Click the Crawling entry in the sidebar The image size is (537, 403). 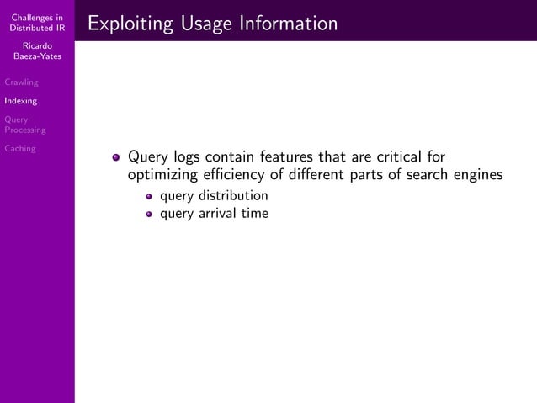[21, 82]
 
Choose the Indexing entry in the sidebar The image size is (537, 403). [20, 101]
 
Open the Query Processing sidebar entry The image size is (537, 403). [24, 125]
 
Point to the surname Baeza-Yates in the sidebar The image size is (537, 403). [36, 56]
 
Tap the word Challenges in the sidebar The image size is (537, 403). [36, 19]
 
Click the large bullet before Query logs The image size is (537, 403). [117, 156]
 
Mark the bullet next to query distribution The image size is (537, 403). [149, 197]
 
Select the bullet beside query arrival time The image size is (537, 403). [149, 215]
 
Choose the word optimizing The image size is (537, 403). [162, 175]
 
